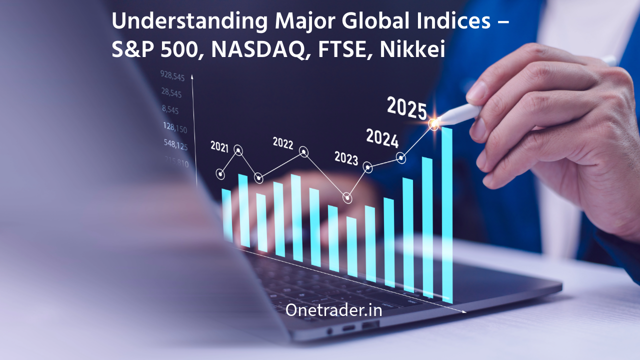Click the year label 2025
407,108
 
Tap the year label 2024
382,138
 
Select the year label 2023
346,158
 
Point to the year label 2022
283,143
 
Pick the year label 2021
219,146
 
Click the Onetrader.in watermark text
333,310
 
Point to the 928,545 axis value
172,76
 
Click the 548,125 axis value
175,145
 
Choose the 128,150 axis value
174,128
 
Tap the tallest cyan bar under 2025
446,215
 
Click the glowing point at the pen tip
434,123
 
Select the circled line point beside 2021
238,150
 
